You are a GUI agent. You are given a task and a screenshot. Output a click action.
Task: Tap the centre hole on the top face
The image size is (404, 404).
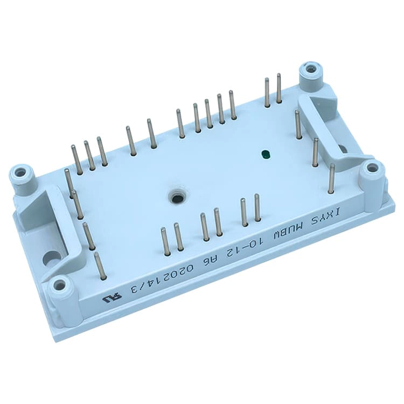tap(177, 199)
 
